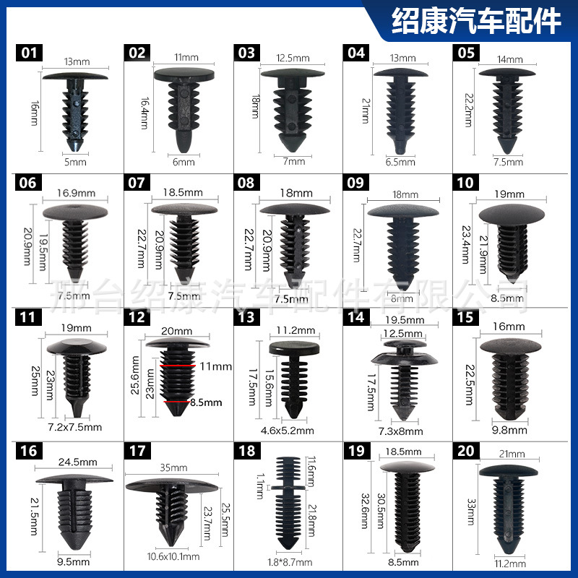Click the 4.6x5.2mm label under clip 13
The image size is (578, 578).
click(x=292, y=431)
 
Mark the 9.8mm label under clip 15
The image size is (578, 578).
click(x=511, y=431)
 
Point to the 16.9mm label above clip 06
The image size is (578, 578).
click(x=76, y=193)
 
